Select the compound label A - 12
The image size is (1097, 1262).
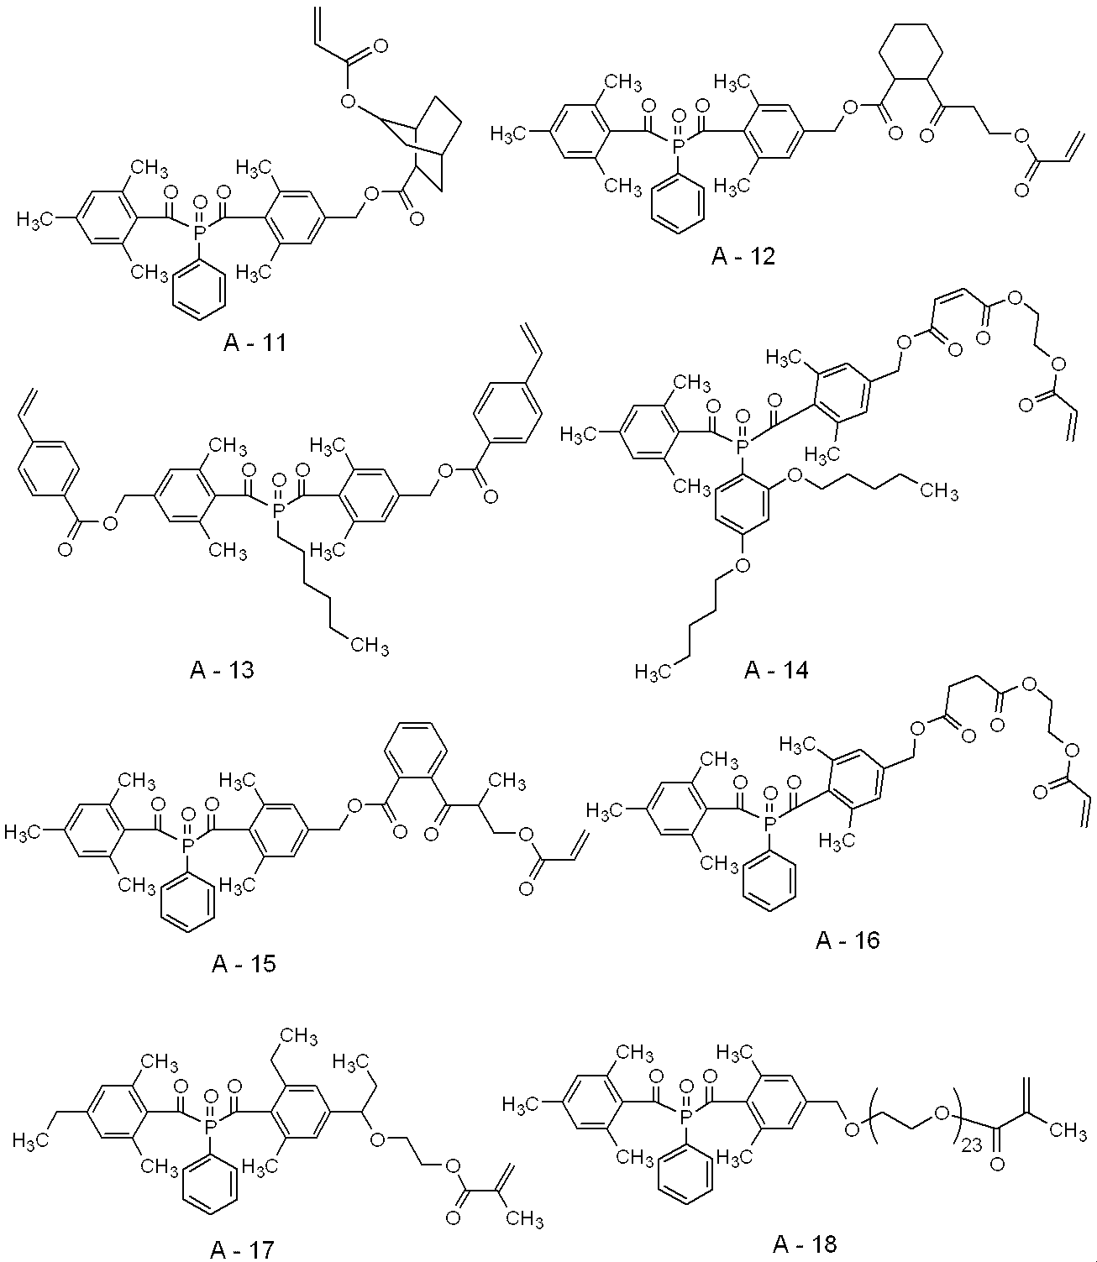(x=743, y=255)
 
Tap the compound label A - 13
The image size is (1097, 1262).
(x=222, y=670)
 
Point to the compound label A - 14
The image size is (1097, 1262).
(x=776, y=670)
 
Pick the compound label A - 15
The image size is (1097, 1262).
(x=244, y=962)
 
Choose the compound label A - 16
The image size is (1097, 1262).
(x=848, y=939)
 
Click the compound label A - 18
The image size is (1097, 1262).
(x=805, y=1241)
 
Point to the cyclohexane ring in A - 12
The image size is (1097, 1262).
(x=911, y=54)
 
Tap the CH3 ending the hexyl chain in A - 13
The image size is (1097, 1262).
(x=370, y=645)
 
